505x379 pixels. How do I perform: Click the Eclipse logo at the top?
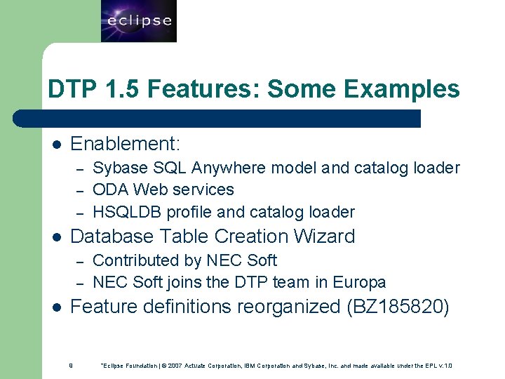tap(139, 21)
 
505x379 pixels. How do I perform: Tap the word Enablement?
tap(125, 144)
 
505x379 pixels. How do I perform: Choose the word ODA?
tap(109, 189)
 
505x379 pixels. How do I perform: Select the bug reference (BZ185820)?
tap(398, 307)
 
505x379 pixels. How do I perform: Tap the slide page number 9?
tap(72, 365)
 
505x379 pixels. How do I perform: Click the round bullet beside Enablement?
tap(57, 145)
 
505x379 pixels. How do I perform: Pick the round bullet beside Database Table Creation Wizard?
tap(57, 237)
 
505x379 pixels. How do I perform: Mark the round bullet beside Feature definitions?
tap(57, 307)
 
